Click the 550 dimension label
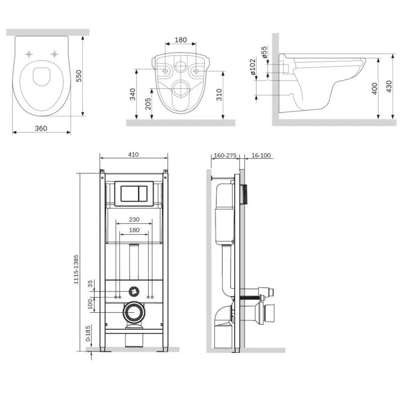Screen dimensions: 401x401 tap(79, 76)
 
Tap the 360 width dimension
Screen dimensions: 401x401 tap(41, 128)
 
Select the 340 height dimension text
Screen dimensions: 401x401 tap(132, 94)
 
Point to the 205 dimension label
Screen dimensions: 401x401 tap(148, 104)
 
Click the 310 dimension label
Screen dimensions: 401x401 tap(219, 95)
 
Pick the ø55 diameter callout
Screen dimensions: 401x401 tap(264, 52)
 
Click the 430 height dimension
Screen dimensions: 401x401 tap(389, 87)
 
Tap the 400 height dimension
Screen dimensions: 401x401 tap(375, 89)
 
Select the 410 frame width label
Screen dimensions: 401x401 tap(134, 154)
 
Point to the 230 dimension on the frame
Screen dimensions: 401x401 tap(134, 219)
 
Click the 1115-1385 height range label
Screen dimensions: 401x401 tap(76, 269)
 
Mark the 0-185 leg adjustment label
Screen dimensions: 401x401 tap(88, 334)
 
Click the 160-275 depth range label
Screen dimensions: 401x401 tap(225, 155)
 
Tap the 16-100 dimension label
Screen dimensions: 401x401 tap(261, 155)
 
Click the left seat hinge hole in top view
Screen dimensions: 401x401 tap(29, 54)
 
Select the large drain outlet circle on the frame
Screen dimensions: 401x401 tap(134, 312)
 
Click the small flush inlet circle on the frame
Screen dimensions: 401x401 tap(134, 291)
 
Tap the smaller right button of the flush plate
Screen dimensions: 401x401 tap(142, 193)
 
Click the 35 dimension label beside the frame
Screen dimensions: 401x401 tap(90, 284)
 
